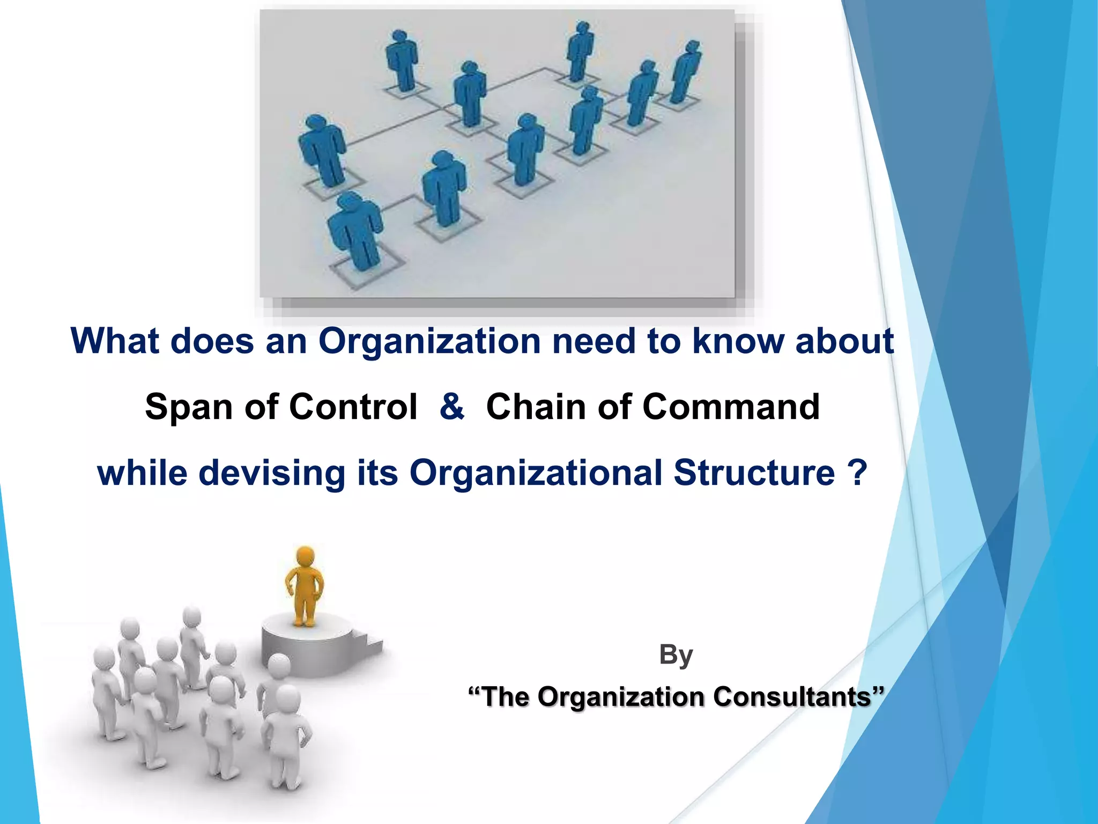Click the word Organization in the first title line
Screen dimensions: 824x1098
(x=429, y=342)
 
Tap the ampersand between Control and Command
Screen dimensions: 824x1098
(x=451, y=407)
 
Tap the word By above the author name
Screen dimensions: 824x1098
(x=676, y=655)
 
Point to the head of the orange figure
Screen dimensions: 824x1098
(x=305, y=556)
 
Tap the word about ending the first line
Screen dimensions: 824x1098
(x=844, y=342)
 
